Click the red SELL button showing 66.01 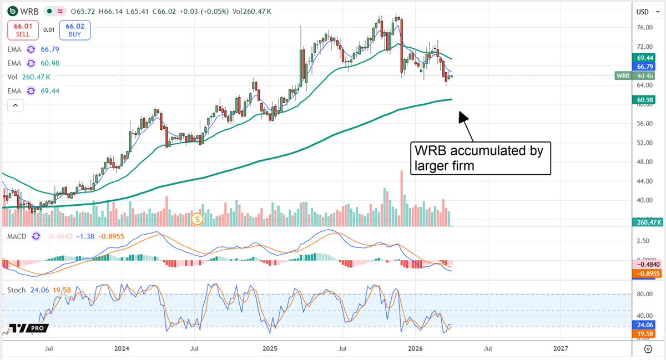[x=22, y=30]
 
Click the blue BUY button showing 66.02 [x=74, y=30]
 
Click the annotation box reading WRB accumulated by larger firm [x=480, y=158]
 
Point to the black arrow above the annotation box [x=465, y=121]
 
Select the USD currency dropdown [x=645, y=12]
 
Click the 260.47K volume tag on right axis [x=647, y=222]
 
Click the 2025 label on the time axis [x=270, y=348]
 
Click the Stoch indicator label [x=17, y=290]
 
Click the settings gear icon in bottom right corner [x=648, y=348]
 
